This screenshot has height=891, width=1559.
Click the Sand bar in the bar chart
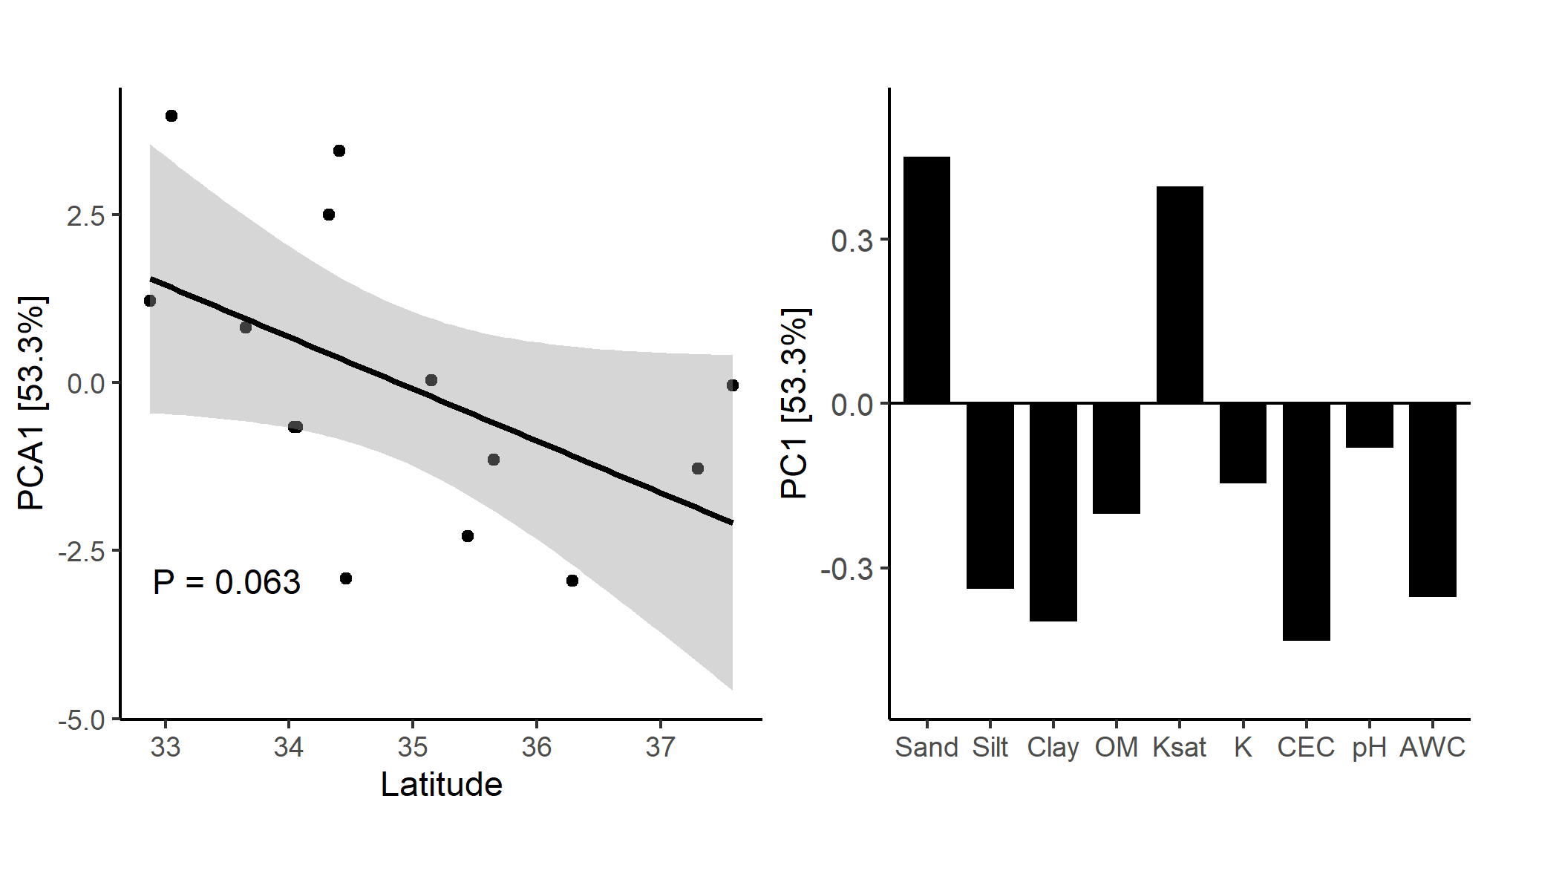[x=926, y=280]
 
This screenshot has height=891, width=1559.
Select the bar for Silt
[x=990, y=495]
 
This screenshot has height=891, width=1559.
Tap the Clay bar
[x=1053, y=512]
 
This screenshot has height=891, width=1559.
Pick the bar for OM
[x=1116, y=458]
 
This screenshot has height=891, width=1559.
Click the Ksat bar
[x=1180, y=295]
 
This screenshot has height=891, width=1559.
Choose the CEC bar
[x=1306, y=521]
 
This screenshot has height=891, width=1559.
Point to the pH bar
[x=1369, y=425]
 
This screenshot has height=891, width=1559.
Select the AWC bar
[x=1432, y=500]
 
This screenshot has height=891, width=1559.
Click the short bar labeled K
[x=1243, y=443]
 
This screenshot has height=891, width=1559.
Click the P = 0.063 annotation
[x=226, y=582]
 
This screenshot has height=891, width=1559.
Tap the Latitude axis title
[x=441, y=785]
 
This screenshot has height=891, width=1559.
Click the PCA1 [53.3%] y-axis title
[x=32, y=403]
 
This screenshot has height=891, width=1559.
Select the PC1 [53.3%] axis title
[x=795, y=403]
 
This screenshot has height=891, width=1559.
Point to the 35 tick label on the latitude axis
[x=412, y=747]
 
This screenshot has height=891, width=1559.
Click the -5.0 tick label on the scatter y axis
[x=82, y=720]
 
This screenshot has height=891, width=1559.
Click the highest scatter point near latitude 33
[x=171, y=116]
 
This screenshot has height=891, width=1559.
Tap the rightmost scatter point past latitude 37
[x=733, y=385]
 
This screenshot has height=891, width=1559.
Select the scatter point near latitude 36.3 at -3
[x=572, y=581]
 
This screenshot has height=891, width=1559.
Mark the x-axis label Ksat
[x=1179, y=747]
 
